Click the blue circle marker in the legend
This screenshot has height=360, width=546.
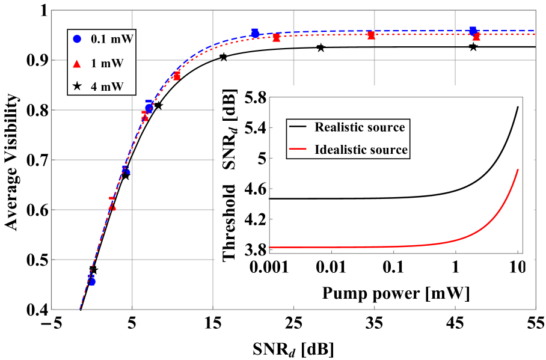click(76, 38)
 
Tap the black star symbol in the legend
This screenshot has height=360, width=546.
click(76, 87)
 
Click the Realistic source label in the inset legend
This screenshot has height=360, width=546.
click(360, 127)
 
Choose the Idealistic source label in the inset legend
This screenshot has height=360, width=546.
click(361, 150)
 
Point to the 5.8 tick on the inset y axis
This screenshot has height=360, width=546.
click(251, 97)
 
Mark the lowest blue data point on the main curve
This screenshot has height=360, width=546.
click(92, 281)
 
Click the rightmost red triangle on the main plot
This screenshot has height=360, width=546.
click(476, 37)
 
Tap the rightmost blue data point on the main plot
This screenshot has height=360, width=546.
click(473, 30)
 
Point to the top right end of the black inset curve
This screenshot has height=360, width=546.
click(518, 107)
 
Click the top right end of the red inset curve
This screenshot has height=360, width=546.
click(518, 169)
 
